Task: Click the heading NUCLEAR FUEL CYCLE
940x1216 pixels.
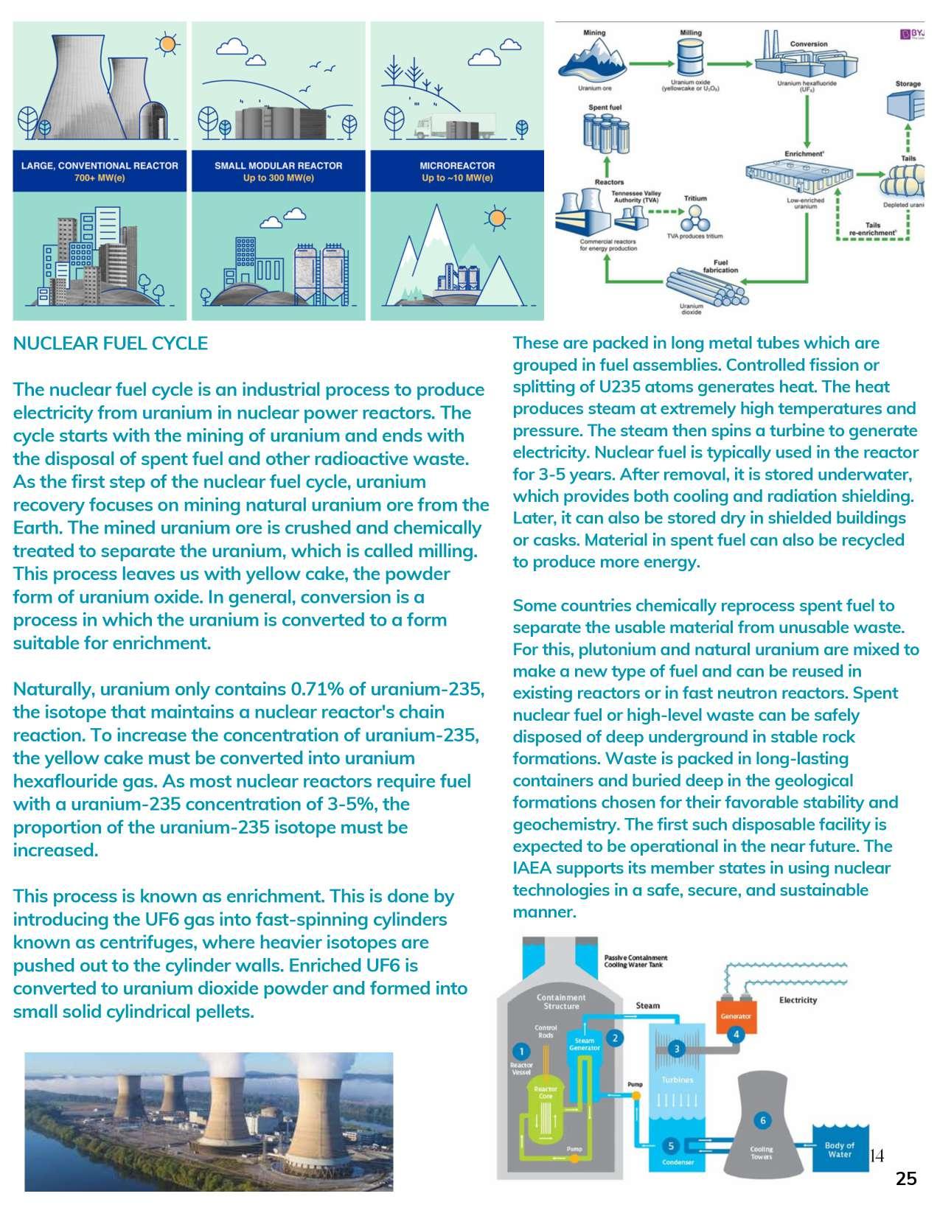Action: click(111, 343)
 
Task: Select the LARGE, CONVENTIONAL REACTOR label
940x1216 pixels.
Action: click(100, 171)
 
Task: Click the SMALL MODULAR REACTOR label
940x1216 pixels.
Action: click(278, 171)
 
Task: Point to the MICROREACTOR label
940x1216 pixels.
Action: click(457, 171)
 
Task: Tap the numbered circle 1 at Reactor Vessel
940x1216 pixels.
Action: click(522, 1051)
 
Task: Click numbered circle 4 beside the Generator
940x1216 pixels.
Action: click(735, 1035)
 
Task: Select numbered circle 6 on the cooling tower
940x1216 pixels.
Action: click(763, 1121)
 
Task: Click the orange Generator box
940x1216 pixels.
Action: click(737, 1016)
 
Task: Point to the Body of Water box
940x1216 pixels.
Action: click(839, 1150)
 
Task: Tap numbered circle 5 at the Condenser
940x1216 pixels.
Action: click(671, 1146)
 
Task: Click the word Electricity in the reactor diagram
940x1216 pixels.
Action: click(798, 1000)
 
